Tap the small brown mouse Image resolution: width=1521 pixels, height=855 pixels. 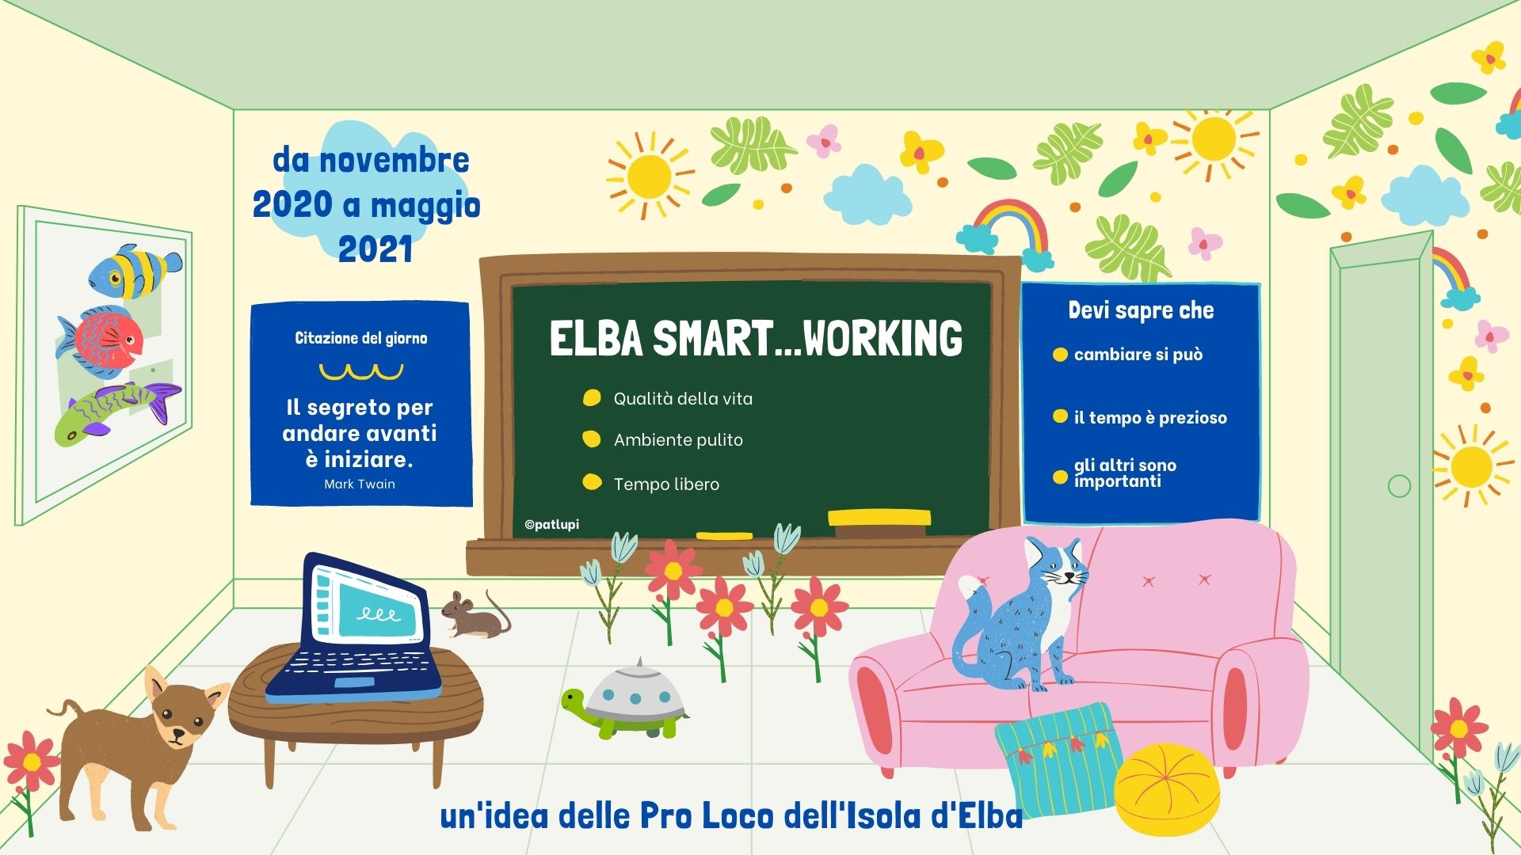(x=475, y=615)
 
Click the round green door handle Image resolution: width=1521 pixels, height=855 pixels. (x=1400, y=485)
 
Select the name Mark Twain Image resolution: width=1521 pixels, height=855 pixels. (x=360, y=484)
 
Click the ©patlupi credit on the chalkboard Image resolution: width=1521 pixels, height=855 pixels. (x=551, y=524)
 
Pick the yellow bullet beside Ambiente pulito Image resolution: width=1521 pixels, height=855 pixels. (x=591, y=439)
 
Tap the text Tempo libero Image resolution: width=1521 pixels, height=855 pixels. (x=666, y=484)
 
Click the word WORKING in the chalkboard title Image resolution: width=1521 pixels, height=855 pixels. (x=882, y=339)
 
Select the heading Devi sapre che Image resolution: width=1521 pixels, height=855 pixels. (x=1141, y=310)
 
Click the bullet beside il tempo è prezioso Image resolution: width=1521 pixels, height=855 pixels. (x=1060, y=416)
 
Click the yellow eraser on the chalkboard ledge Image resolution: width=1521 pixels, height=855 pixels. (x=879, y=518)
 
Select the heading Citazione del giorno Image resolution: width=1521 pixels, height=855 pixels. (x=361, y=339)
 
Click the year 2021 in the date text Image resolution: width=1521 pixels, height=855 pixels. (x=375, y=249)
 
